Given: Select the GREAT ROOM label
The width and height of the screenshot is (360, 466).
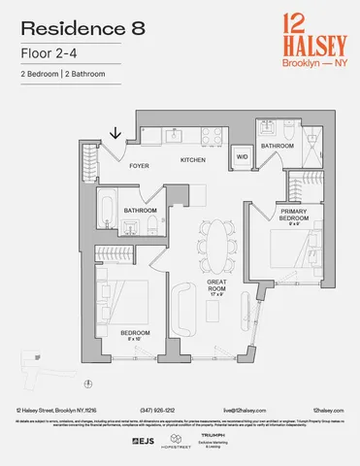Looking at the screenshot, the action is pos(217,286).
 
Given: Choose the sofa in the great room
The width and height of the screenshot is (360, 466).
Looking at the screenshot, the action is pos(181,311).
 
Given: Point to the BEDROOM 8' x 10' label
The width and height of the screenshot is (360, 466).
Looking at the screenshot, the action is pos(136,336).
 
